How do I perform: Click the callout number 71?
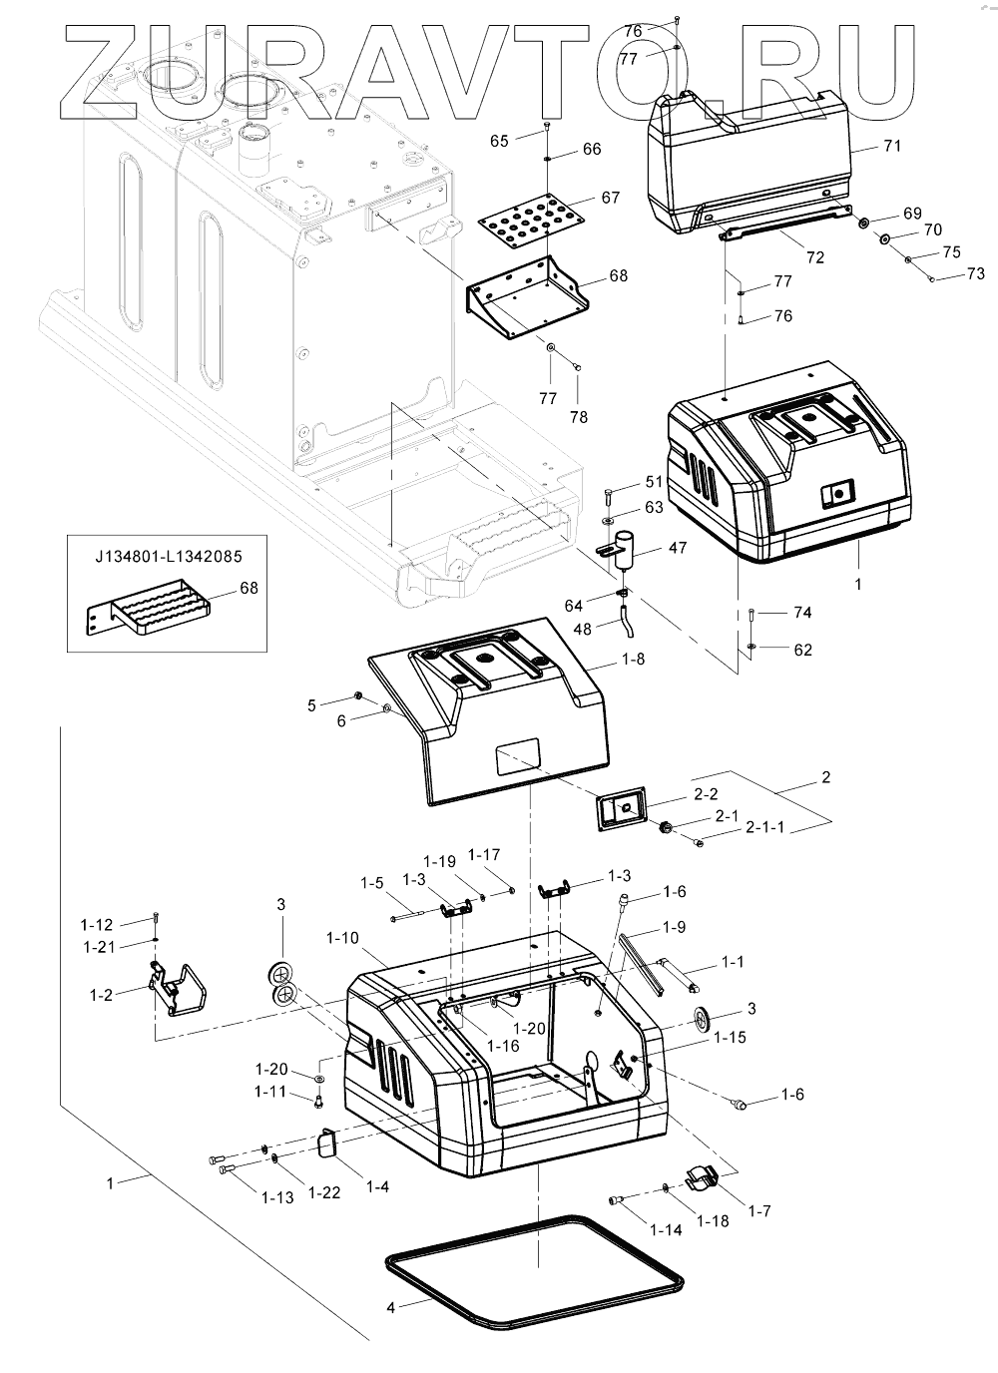pyautogui.click(x=891, y=146)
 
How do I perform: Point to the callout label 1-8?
pyautogui.click(x=634, y=659)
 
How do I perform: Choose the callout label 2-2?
pyautogui.click(x=705, y=794)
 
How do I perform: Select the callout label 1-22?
pyautogui.click(x=324, y=1191)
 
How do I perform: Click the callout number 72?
pyautogui.click(x=815, y=257)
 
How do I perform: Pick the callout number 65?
pyautogui.click(x=499, y=141)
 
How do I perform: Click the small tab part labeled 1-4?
pyautogui.click(x=329, y=1141)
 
